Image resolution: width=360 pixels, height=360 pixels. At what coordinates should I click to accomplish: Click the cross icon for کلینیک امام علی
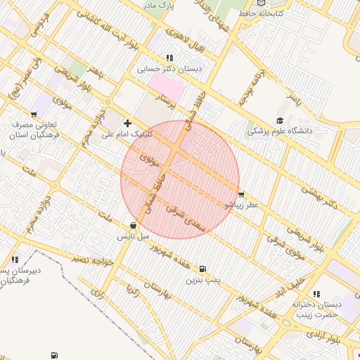point(127,123)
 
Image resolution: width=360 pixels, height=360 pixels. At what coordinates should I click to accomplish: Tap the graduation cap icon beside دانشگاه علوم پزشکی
point(280,121)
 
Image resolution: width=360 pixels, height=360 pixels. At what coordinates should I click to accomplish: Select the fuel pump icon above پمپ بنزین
point(202,269)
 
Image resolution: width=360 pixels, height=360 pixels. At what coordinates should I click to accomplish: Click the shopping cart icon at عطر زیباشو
point(242,195)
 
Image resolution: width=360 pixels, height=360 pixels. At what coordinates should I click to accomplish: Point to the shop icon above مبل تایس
point(133,226)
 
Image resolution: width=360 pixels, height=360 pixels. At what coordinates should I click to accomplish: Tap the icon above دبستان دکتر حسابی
point(169,58)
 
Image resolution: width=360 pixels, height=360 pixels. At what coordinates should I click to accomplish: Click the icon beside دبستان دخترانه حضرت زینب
point(315,293)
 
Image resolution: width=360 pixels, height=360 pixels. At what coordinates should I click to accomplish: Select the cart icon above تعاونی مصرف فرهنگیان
point(34,113)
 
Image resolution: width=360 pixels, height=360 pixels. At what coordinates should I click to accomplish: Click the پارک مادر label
point(159,6)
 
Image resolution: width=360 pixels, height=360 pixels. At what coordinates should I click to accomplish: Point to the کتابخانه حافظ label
point(261,13)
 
